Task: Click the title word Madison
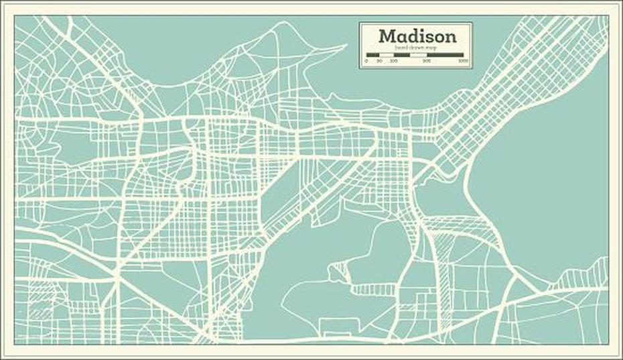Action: [417, 36]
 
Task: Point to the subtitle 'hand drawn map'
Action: [417, 48]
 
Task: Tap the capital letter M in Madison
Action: [387, 36]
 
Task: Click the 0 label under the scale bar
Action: [366, 61]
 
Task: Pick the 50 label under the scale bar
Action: [379, 61]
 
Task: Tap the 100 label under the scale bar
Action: [393, 61]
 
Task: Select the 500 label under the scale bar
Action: [427, 61]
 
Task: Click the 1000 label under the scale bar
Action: [463, 61]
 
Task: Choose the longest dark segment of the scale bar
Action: [445, 54]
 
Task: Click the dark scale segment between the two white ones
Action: [401, 54]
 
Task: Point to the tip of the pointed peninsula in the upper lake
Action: [346, 46]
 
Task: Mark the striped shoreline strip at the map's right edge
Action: [583, 275]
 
